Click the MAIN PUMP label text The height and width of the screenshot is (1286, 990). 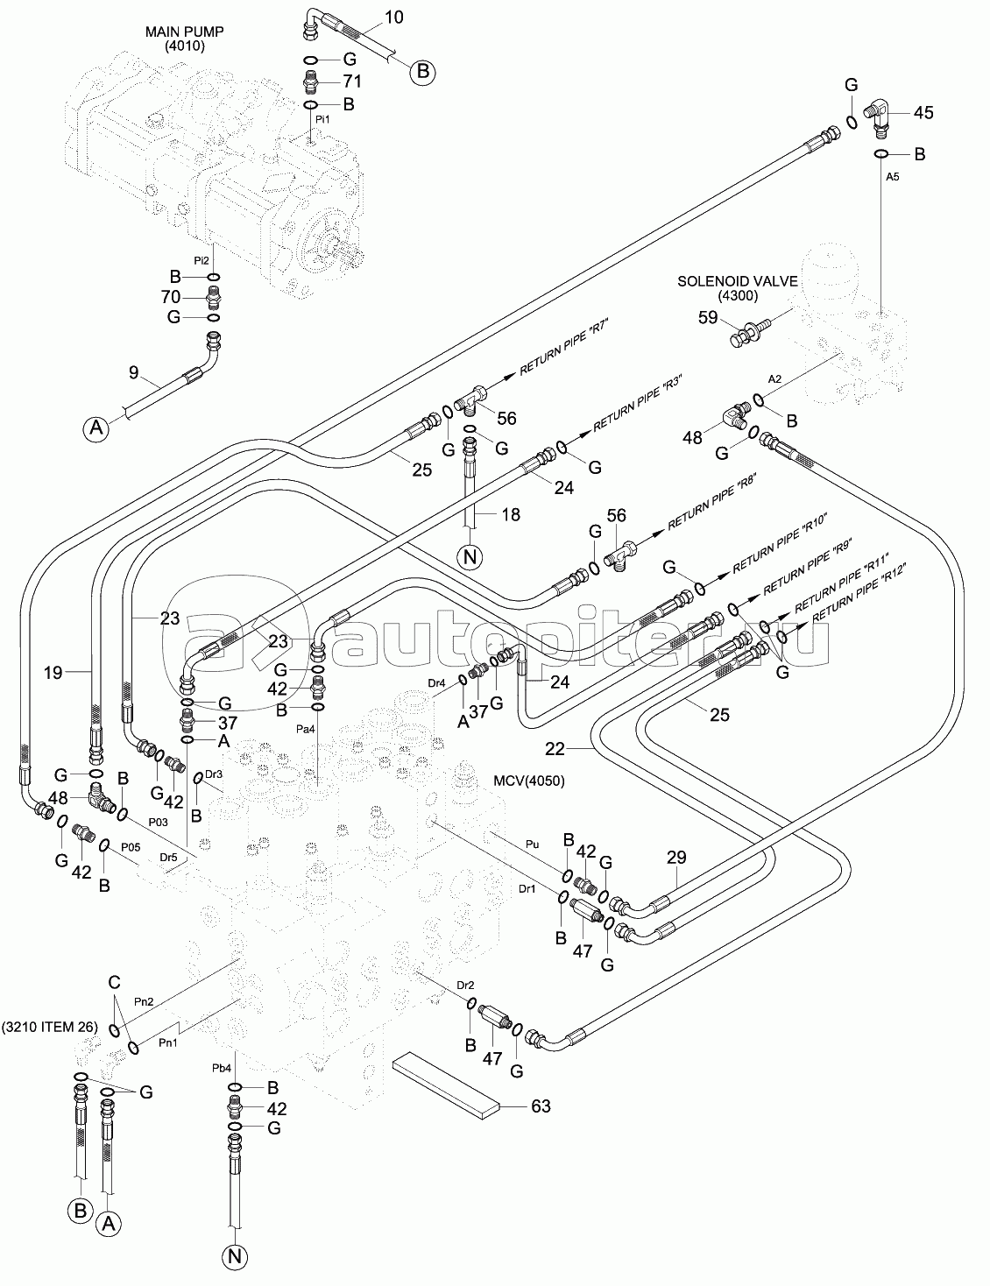click(x=184, y=32)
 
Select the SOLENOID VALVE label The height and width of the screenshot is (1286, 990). click(x=737, y=282)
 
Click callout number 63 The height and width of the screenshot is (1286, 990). click(x=541, y=1106)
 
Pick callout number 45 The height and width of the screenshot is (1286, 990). click(x=923, y=112)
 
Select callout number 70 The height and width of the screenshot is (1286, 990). click(x=170, y=296)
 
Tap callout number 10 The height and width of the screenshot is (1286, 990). click(x=394, y=18)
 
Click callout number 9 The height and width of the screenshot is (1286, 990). click(x=133, y=373)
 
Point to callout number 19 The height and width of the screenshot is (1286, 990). click(x=53, y=672)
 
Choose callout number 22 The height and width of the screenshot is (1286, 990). click(x=555, y=749)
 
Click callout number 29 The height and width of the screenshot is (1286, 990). click(x=676, y=858)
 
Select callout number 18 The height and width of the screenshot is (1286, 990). click(x=510, y=514)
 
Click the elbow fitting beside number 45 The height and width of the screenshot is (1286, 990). click(x=878, y=114)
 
